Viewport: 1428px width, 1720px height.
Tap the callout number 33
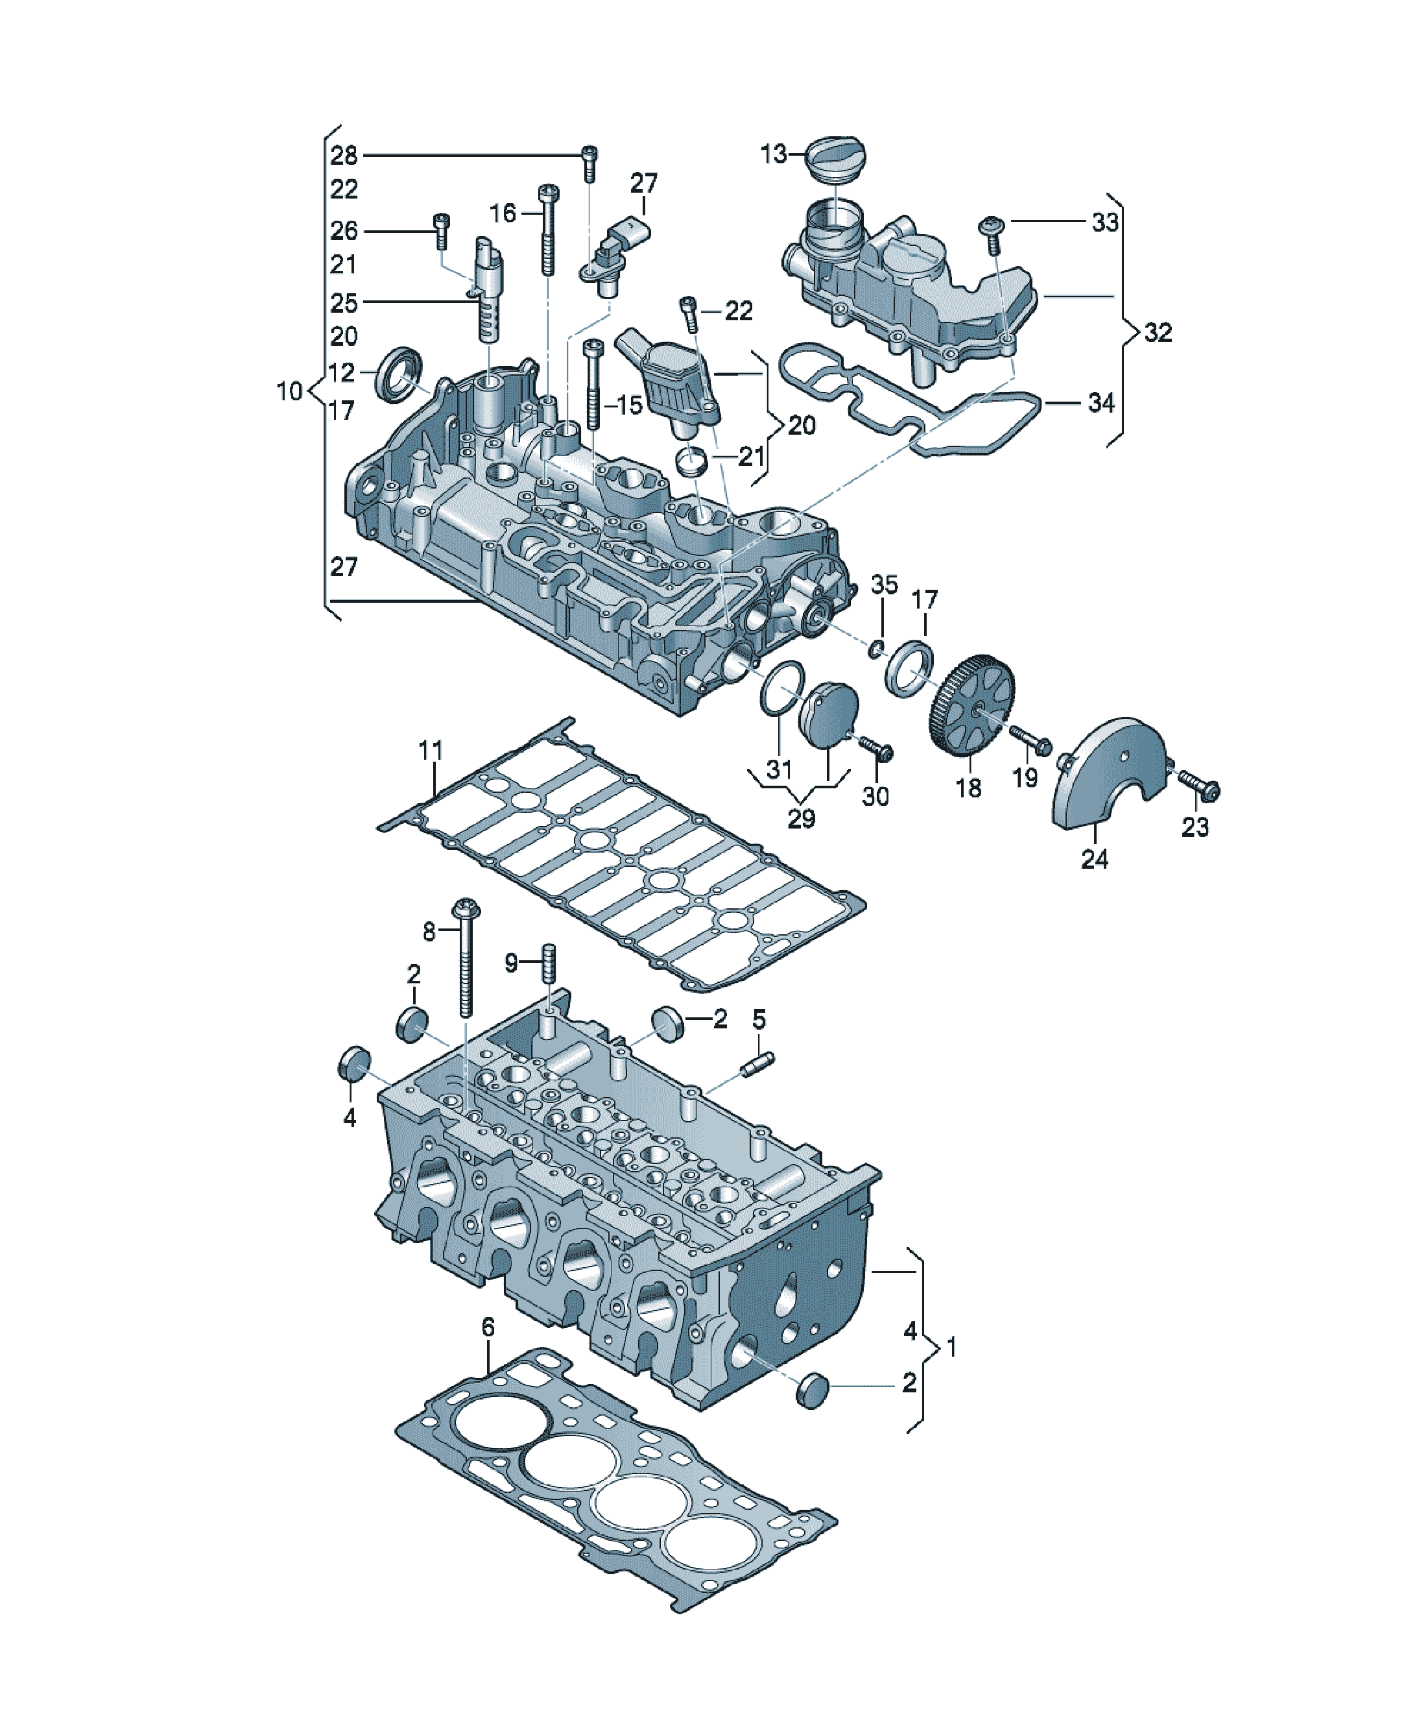click(1104, 222)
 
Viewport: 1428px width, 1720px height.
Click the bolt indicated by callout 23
click(1200, 784)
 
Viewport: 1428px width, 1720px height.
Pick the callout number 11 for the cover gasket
click(431, 749)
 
